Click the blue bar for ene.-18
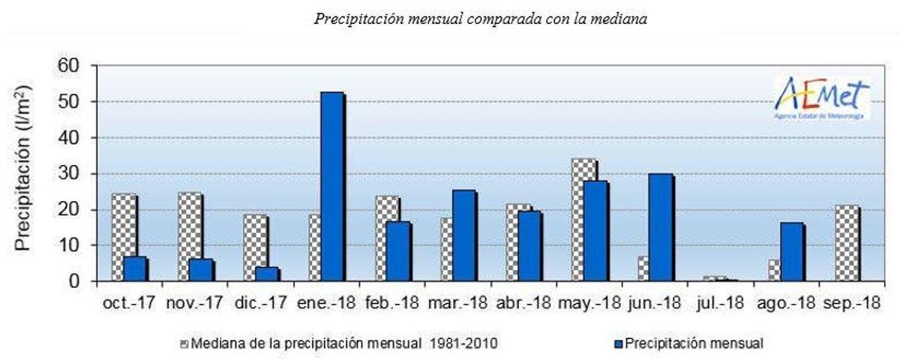pyautogui.click(x=332, y=187)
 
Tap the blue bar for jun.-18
pyautogui.click(x=661, y=228)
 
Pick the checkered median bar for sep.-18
pyautogui.click(x=847, y=243)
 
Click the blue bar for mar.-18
pyautogui.click(x=463, y=235)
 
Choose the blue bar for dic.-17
pyautogui.click(x=267, y=274)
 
